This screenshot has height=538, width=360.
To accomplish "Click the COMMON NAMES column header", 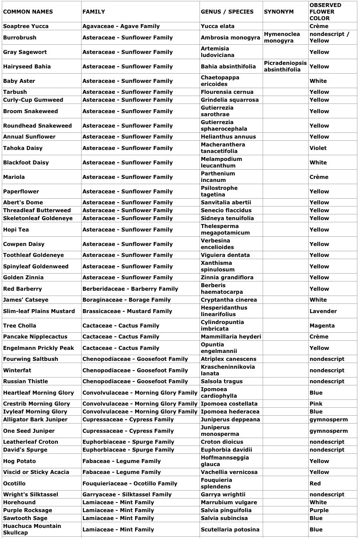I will point(28,12).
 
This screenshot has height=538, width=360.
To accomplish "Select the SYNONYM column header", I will point(278,12).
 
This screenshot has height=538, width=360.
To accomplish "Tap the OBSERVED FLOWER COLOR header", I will point(325,12).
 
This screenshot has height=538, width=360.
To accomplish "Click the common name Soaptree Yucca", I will point(26,26).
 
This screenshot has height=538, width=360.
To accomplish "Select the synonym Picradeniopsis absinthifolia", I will point(285,66).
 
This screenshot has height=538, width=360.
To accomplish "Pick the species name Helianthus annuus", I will point(228,137).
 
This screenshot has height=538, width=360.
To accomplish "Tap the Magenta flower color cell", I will point(322,326).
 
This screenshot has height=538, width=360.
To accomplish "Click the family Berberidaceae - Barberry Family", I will point(130,289).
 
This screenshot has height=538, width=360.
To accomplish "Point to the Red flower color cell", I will point(315,484).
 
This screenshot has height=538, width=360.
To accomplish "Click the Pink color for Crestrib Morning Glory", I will point(316,404).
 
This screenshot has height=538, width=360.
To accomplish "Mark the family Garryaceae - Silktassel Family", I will point(127,495).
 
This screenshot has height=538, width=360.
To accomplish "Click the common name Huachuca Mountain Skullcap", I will point(32,529).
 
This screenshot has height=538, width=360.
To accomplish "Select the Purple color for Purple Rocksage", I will point(319,510).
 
